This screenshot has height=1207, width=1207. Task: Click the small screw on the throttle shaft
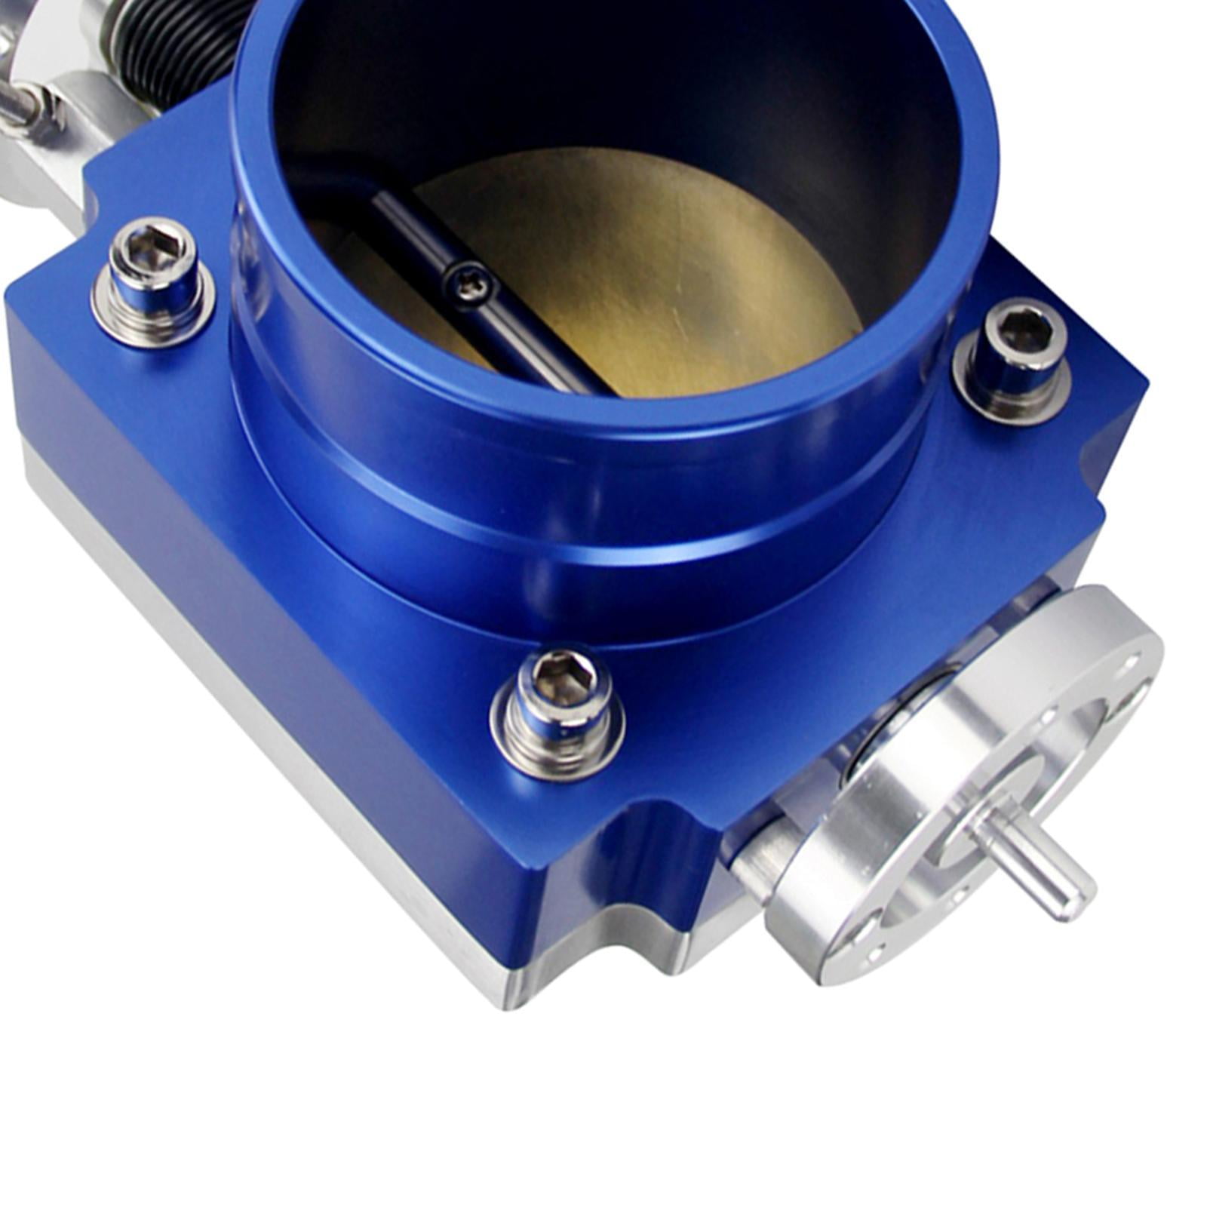coord(469,284)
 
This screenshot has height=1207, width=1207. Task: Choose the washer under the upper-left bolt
coord(151,317)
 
